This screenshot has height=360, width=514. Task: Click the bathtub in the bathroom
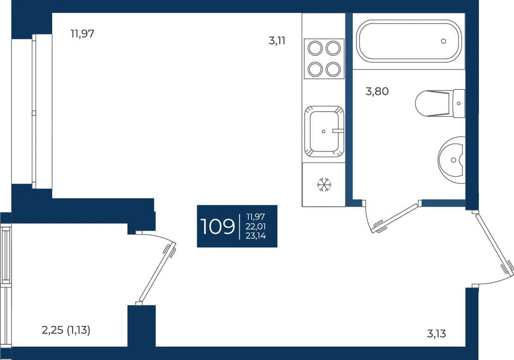(x=409, y=41)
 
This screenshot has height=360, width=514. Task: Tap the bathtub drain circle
(x=443, y=41)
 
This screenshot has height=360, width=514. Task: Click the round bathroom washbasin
(x=452, y=160)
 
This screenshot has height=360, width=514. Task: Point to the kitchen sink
(x=324, y=132)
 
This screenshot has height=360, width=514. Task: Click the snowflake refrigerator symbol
(x=324, y=185)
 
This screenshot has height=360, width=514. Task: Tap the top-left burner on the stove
(x=315, y=48)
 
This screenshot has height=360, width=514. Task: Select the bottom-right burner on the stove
(x=333, y=69)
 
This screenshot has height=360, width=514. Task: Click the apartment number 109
(x=218, y=226)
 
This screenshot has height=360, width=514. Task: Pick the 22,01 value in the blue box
(x=256, y=226)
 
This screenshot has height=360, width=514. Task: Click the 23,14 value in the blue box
(x=256, y=235)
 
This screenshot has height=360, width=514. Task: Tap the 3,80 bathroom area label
(x=377, y=91)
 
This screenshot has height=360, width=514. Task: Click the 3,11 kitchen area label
(x=277, y=41)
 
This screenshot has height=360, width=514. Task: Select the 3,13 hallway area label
(x=436, y=334)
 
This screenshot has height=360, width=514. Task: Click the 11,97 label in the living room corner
(x=82, y=33)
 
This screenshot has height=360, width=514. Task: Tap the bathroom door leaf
(x=396, y=218)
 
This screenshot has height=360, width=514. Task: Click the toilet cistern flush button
(x=459, y=103)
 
